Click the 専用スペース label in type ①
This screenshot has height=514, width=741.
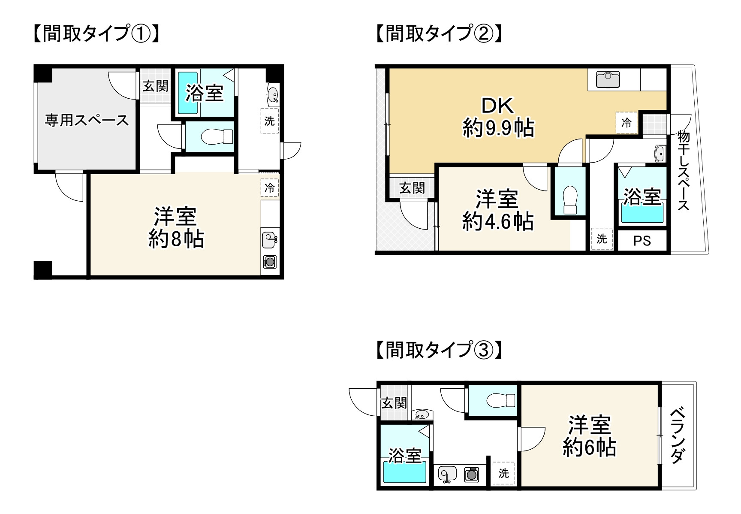tap(87, 120)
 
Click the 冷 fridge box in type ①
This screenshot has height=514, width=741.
tap(270, 188)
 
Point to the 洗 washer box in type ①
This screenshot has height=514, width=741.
tap(270, 121)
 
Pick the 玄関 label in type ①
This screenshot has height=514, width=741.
tap(155, 86)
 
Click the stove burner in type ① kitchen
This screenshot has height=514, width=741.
tap(270, 261)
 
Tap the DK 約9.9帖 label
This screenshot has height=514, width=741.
tap(498, 117)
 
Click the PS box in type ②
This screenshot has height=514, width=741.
tap(642, 241)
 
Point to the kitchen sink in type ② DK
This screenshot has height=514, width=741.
tap(608, 80)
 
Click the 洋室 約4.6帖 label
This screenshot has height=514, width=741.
tap(497, 210)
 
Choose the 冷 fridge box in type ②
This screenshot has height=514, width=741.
tap(627, 123)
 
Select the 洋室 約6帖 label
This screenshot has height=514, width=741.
tap(589, 436)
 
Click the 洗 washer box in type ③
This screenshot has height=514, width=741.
tap(504, 473)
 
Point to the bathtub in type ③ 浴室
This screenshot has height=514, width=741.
tap(404, 472)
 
